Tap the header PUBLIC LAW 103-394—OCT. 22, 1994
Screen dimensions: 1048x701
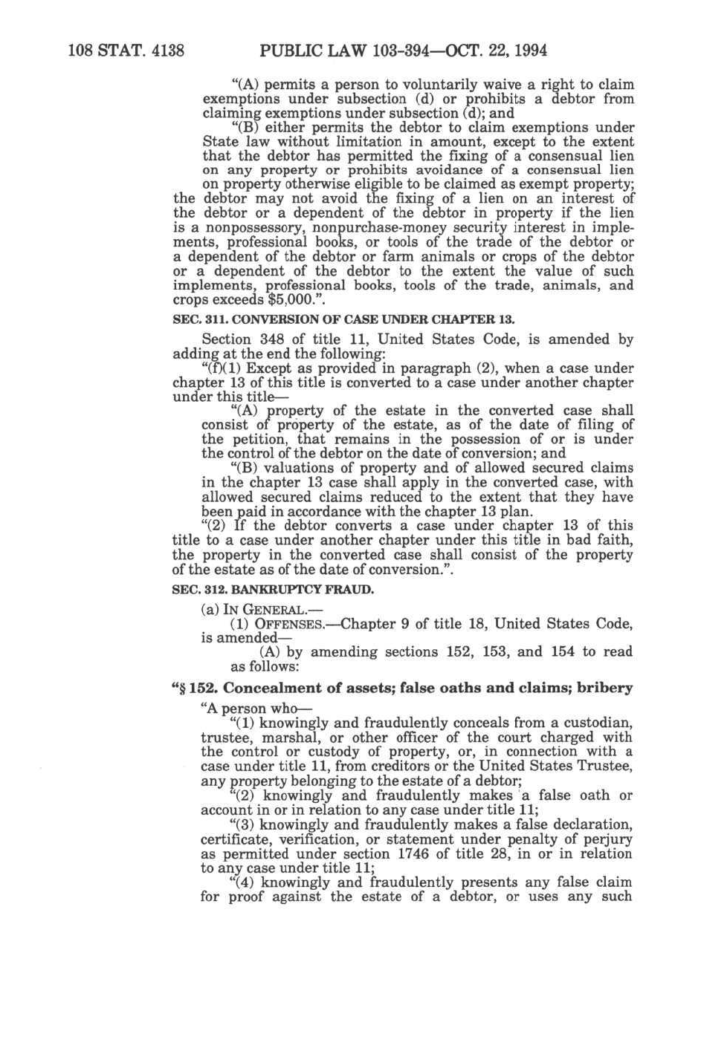(x=404, y=51)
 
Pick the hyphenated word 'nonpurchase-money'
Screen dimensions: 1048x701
(x=369, y=228)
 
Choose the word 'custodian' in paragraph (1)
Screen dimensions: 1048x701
(x=599, y=723)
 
